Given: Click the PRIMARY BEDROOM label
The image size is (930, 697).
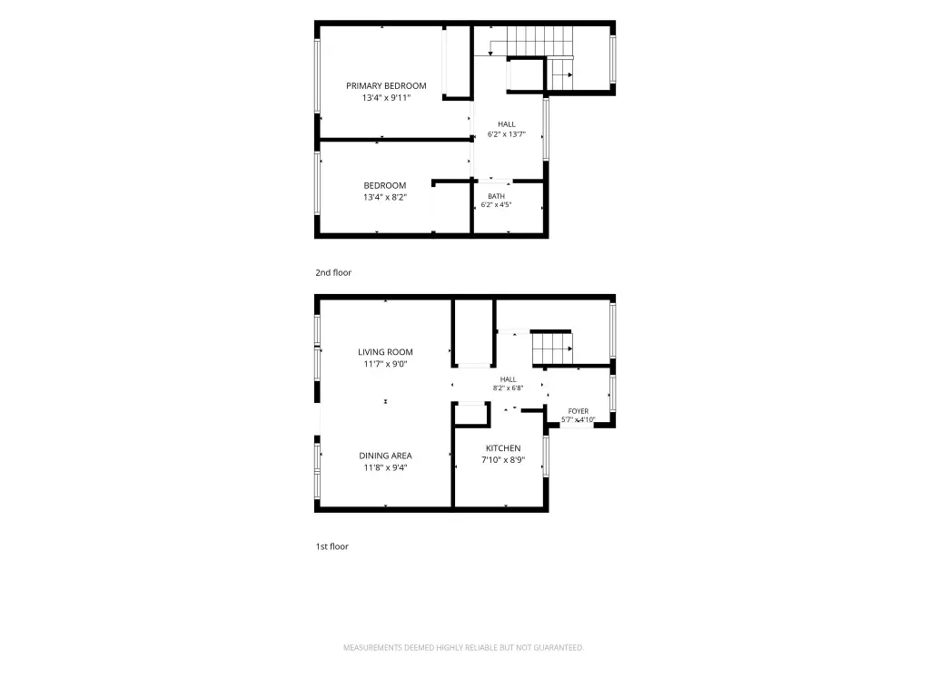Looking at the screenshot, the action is tap(386, 86).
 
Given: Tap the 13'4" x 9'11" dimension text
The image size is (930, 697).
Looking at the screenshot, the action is tap(386, 98).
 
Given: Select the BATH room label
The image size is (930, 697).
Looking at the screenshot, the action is tap(497, 196).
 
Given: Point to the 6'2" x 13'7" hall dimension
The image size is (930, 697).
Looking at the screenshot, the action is tap(507, 134).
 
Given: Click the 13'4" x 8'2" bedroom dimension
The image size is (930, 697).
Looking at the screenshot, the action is tap(385, 197).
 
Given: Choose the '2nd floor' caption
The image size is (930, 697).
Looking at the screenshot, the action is tap(333, 272).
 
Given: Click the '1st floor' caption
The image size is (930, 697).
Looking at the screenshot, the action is tap(332, 546).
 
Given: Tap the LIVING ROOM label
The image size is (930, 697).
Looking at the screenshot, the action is tap(385, 352).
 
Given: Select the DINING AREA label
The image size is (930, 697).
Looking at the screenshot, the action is tap(385, 456).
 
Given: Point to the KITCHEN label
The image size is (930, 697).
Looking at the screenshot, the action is tap(503, 448).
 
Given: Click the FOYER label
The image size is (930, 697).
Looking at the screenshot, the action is tap(579, 411).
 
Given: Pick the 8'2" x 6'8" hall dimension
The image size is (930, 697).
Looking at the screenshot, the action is tap(508, 388).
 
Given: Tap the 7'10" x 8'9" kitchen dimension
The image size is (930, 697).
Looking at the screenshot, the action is tap(503, 460).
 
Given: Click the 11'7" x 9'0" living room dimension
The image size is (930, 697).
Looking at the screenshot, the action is tap(385, 364).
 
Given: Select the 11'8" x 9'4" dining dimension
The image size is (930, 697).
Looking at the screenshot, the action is tap(385, 467).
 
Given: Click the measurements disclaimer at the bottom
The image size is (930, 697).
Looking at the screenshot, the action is tap(463, 648).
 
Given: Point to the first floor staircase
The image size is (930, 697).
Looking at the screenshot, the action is tap(552, 348).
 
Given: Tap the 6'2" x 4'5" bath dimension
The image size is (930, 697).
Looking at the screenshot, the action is tap(497, 205).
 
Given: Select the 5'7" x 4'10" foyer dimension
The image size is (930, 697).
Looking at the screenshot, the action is tap(579, 420).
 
